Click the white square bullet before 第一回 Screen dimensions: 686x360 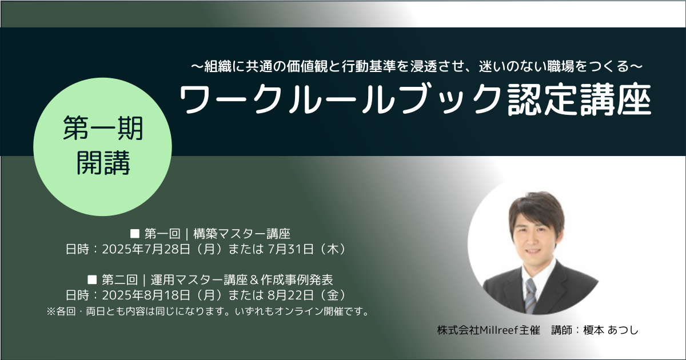[135, 234]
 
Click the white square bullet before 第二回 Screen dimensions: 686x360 [92, 279]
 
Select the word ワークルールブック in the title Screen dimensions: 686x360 [340, 99]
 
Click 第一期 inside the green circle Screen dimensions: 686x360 [103, 128]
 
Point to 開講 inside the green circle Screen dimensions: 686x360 [103, 163]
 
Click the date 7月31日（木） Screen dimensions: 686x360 [308, 249]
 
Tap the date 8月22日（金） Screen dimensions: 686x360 [308, 295]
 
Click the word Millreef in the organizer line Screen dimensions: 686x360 [499, 330]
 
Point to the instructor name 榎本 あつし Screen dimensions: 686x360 [611, 330]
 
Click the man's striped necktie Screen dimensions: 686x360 [531, 295]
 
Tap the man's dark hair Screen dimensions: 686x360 [536, 208]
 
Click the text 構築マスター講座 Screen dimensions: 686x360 [242, 234]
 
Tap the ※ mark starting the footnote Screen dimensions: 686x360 [51, 311]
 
